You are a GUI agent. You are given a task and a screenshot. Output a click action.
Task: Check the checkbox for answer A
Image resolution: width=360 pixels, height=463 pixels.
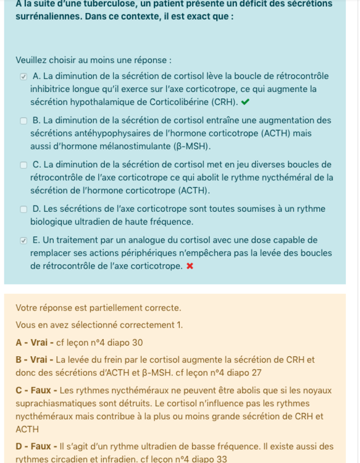(x=23, y=77)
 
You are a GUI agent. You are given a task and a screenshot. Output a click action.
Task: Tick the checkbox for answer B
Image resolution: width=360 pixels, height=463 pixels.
(x=23, y=121)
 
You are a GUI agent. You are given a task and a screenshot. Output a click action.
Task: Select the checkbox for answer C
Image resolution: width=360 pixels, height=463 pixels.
(x=23, y=165)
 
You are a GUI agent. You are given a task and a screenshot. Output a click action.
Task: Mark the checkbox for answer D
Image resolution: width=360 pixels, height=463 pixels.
(x=23, y=209)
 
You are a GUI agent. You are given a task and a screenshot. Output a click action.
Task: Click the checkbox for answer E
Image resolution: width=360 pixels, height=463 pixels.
(x=23, y=240)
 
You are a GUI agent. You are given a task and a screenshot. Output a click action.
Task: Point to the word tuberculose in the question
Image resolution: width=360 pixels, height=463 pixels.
(x=98, y=4)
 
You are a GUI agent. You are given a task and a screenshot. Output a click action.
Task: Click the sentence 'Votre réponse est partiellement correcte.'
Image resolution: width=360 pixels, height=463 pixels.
(x=98, y=307)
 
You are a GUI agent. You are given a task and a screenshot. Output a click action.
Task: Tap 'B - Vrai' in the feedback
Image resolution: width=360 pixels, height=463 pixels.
(x=35, y=360)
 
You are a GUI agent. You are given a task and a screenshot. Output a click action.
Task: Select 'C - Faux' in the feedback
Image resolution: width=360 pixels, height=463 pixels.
(x=35, y=390)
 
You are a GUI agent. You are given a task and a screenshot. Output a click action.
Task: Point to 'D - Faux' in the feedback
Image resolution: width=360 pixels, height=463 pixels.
(x=35, y=446)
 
